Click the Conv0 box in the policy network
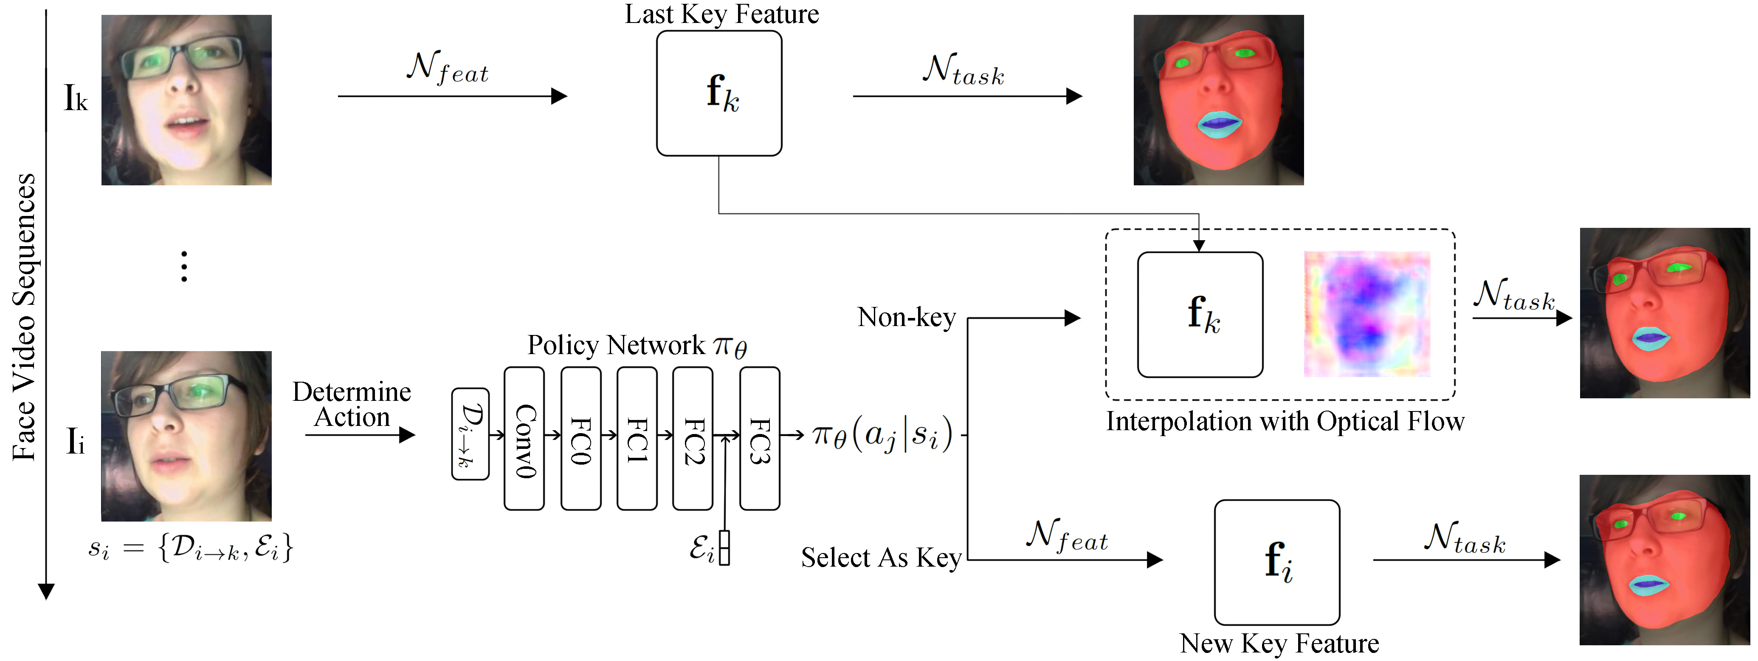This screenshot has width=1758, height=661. (524, 438)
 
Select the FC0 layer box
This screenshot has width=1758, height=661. (581, 438)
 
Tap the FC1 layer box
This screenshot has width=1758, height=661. (637, 438)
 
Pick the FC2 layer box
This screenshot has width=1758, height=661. (693, 438)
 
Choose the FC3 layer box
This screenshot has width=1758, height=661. (760, 438)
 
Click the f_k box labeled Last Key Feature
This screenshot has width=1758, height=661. (719, 93)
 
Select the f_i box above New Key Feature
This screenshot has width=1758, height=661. (1277, 562)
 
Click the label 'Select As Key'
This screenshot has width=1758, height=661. (881, 558)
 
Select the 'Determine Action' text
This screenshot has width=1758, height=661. (352, 404)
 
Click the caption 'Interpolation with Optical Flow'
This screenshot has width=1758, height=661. (1285, 421)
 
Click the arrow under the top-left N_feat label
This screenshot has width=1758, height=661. (453, 96)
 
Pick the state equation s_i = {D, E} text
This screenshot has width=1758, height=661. (190, 547)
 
